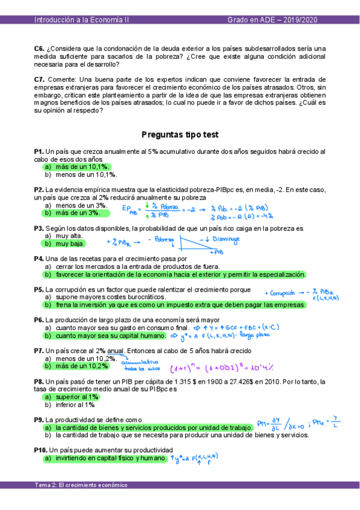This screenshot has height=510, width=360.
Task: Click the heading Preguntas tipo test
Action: tap(180, 135)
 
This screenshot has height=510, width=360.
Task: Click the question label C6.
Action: tap(40, 48)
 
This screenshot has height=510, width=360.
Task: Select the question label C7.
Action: tap(40, 79)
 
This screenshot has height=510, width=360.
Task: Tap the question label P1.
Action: tap(39, 152)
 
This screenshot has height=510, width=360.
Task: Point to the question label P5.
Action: tap(39, 289)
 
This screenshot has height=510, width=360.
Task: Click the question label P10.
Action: tap(41, 450)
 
